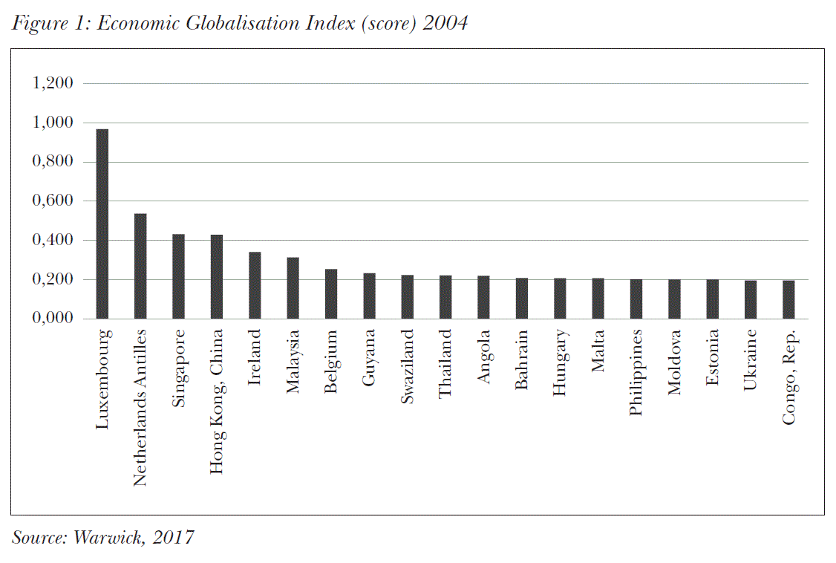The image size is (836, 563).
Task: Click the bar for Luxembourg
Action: tap(102, 224)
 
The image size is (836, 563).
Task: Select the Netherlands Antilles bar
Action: tap(140, 266)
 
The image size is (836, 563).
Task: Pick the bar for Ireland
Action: tap(255, 285)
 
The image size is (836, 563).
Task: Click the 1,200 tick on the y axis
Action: tap(53, 83)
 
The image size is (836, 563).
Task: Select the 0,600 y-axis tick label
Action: tap(53, 201)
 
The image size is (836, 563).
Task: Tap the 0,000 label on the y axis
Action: tap(53, 319)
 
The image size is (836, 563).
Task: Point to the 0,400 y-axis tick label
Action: tap(53, 241)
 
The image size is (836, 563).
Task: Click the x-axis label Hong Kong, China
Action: tap(216, 402)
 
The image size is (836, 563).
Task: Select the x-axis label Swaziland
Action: tap(407, 368)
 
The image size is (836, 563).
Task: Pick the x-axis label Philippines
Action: tap(636, 373)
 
